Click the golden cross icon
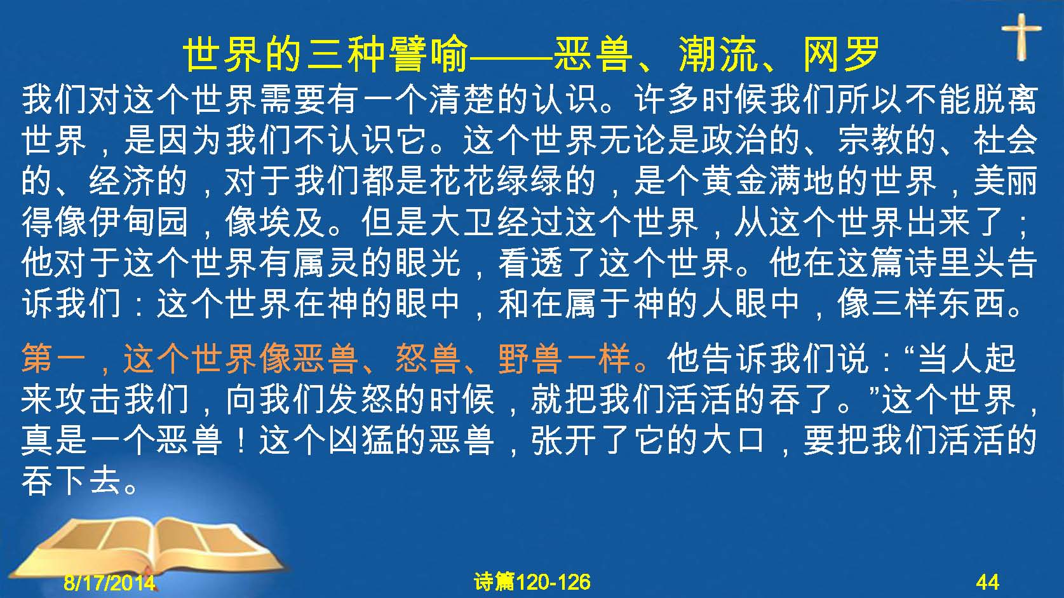pyautogui.click(x=1021, y=37)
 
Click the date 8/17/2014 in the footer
pyautogui.click(x=109, y=582)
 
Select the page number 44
pyautogui.click(x=988, y=582)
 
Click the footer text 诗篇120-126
pyautogui.click(x=532, y=582)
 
